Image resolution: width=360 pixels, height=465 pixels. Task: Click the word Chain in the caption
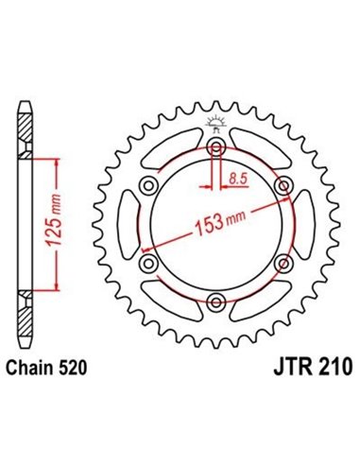pyautogui.click(x=37, y=365)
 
